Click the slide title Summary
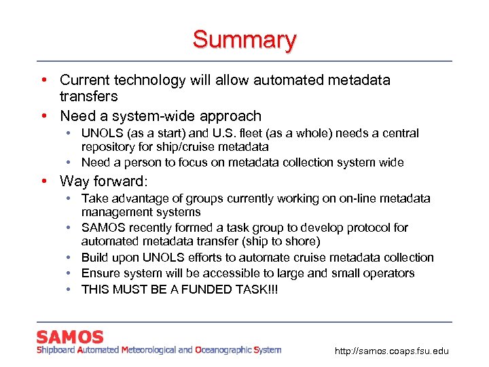[244, 39]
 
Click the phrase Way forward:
[103, 181]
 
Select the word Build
[95, 258]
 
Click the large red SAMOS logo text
[70, 337]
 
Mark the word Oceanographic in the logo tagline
[222, 350]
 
